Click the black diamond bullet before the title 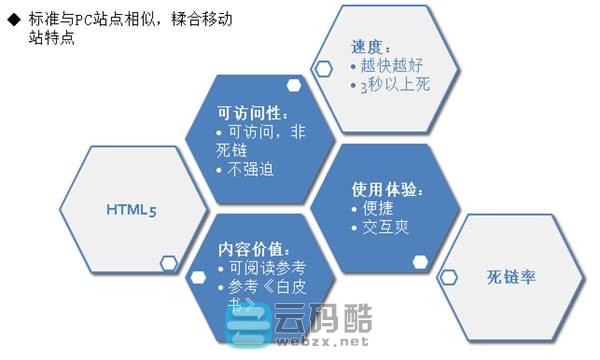[x=13, y=19]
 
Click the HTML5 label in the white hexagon [x=131, y=210]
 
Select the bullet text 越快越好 [x=394, y=66]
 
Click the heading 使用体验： [x=383, y=188]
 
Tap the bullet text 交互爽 [x=386, y=227]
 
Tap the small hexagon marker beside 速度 [x=324, y=68]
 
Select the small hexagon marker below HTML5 [x=169, y=264]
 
